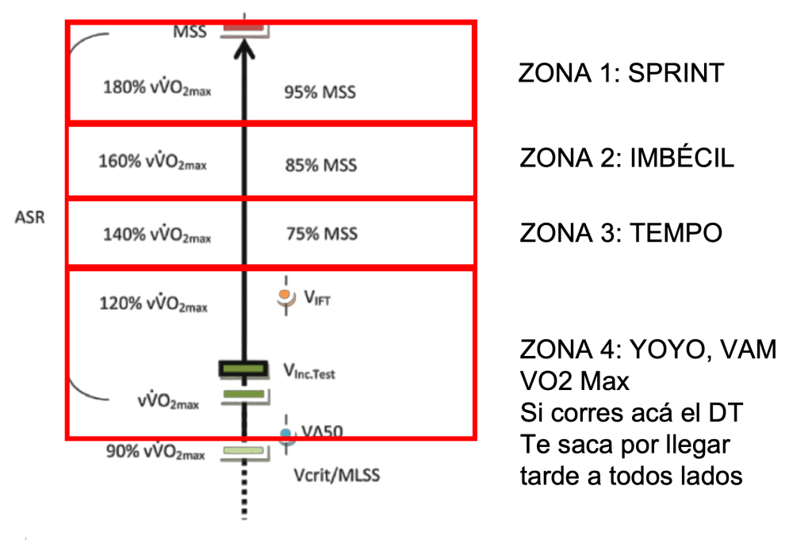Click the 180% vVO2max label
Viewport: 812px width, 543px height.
coord(157,87)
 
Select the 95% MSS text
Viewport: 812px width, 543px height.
coord(320,92)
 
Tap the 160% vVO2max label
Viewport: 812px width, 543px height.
coord(152,163)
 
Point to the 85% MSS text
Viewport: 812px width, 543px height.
coord(320,166)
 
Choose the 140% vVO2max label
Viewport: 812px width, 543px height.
coord(156,235)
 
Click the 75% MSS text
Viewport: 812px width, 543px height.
coord(321,235)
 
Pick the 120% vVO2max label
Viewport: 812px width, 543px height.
coord(153,304)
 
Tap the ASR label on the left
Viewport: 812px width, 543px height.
coord(30,217)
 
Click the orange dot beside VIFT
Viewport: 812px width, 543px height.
coord(285,296)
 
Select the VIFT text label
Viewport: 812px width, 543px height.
coord(316,298)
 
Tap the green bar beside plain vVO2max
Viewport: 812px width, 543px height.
coord(243,394)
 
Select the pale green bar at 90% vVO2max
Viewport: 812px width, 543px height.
coord(243,451)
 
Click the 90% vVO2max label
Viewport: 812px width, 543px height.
coord(155,453)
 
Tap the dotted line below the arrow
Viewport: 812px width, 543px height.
coord(244,491)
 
